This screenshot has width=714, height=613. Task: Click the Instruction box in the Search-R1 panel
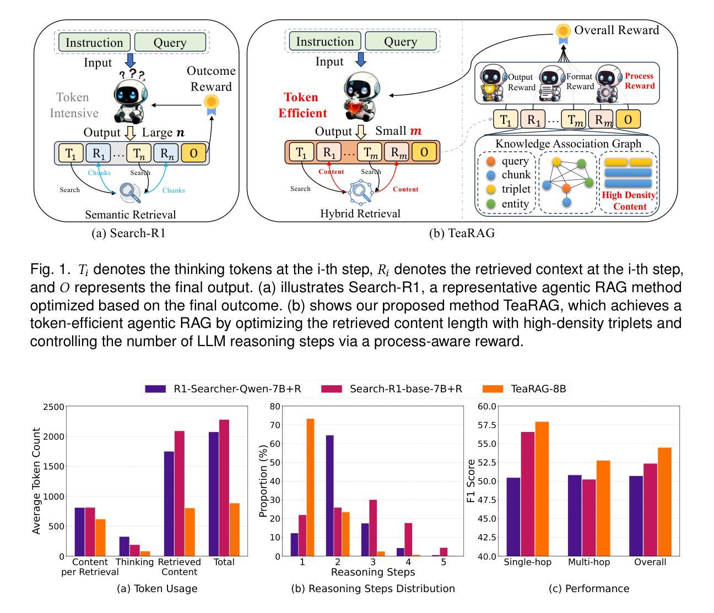(x=94, y=42)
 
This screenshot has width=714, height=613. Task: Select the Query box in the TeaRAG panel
(x=401, y=41)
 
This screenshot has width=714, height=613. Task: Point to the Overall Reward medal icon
(x=562, y=32)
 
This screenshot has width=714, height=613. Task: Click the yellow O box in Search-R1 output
(x=194, y=153)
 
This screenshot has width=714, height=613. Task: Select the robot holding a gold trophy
(x=492, y=84)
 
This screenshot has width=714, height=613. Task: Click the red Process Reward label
(x=640, y=81)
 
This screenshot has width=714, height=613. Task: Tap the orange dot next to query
(x=491, y=161)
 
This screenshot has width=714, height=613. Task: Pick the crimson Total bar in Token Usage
(x=224, y=488)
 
